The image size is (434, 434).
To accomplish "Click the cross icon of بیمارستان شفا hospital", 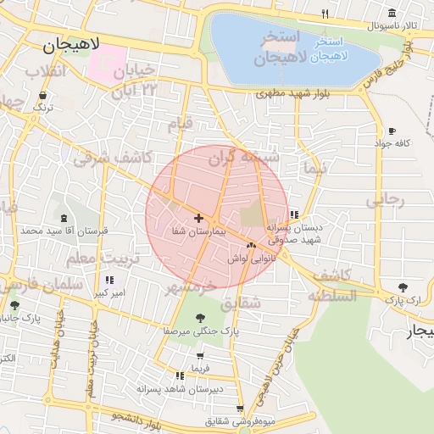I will [198, 219].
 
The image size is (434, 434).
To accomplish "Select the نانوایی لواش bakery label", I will [248, 259].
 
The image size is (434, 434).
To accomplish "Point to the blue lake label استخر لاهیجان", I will [327, 49].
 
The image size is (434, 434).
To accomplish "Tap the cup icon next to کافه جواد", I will [391, 131].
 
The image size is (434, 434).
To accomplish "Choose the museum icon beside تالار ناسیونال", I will [391, 14].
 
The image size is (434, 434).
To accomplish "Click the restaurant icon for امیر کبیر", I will [109, 280].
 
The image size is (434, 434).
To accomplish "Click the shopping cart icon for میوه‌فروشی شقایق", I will [241, 408].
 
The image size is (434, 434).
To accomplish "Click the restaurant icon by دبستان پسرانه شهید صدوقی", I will [294, 214].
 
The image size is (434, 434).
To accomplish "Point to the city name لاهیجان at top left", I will [72, 45].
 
